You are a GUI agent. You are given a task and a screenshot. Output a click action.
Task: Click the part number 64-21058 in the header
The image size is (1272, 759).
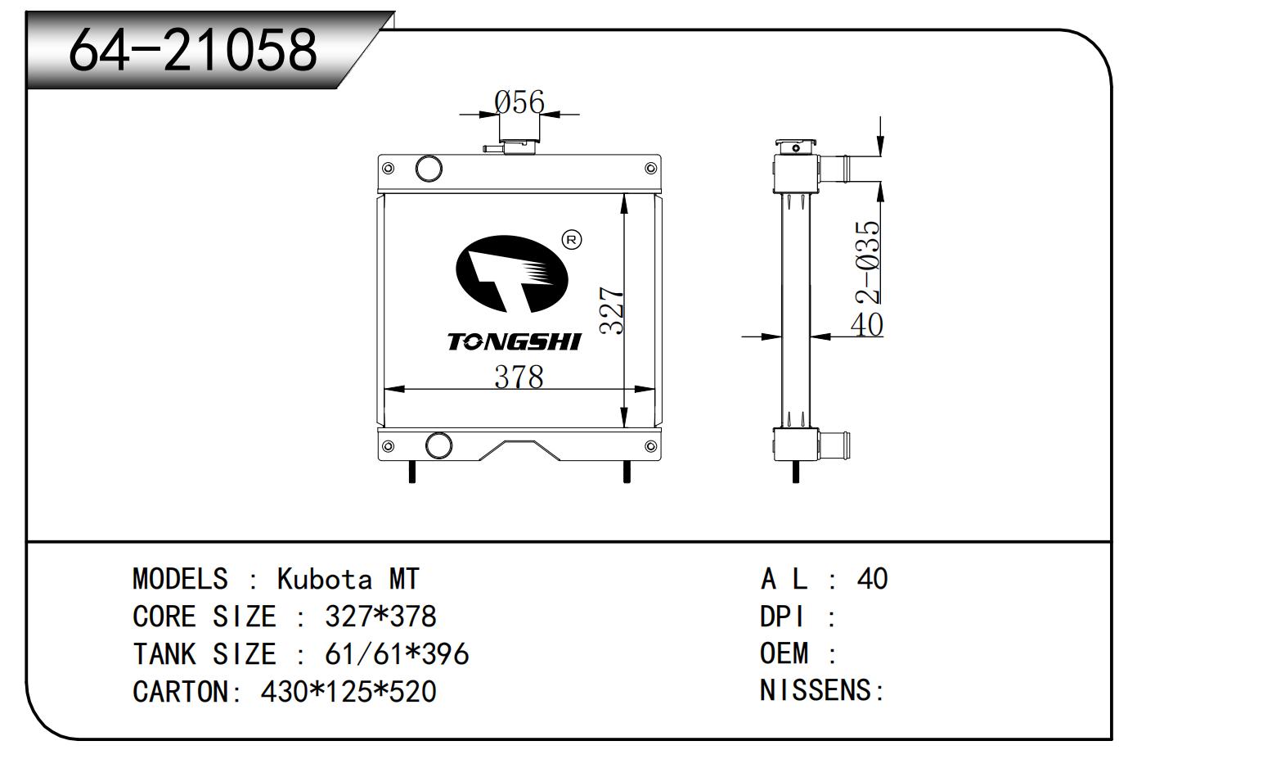193,50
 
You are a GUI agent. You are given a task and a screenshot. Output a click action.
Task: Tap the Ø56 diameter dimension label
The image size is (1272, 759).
519,102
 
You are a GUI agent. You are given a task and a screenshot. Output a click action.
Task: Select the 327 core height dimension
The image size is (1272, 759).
613,310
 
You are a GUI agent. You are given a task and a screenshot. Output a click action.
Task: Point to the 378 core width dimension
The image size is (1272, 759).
519,377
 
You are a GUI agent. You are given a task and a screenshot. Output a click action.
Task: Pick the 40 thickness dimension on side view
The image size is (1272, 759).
867,324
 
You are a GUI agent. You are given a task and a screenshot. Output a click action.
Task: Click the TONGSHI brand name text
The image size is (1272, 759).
514,341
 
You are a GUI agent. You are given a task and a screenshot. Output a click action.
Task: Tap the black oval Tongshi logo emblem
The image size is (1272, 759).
511,274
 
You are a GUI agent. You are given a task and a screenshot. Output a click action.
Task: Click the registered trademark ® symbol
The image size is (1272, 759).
572,239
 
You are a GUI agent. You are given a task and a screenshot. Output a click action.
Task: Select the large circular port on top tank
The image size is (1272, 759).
429,169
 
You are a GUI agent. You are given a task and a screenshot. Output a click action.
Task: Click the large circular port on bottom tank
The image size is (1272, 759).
438,445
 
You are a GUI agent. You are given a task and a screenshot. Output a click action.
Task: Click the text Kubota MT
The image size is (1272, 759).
348,579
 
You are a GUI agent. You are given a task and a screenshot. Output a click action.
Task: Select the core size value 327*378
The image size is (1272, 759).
380,616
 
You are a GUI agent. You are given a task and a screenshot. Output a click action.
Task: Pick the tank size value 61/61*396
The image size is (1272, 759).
397,653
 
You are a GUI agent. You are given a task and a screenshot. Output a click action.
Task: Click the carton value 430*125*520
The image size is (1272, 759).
348,691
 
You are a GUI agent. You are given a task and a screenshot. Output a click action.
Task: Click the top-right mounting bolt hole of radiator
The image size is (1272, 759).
650,169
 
